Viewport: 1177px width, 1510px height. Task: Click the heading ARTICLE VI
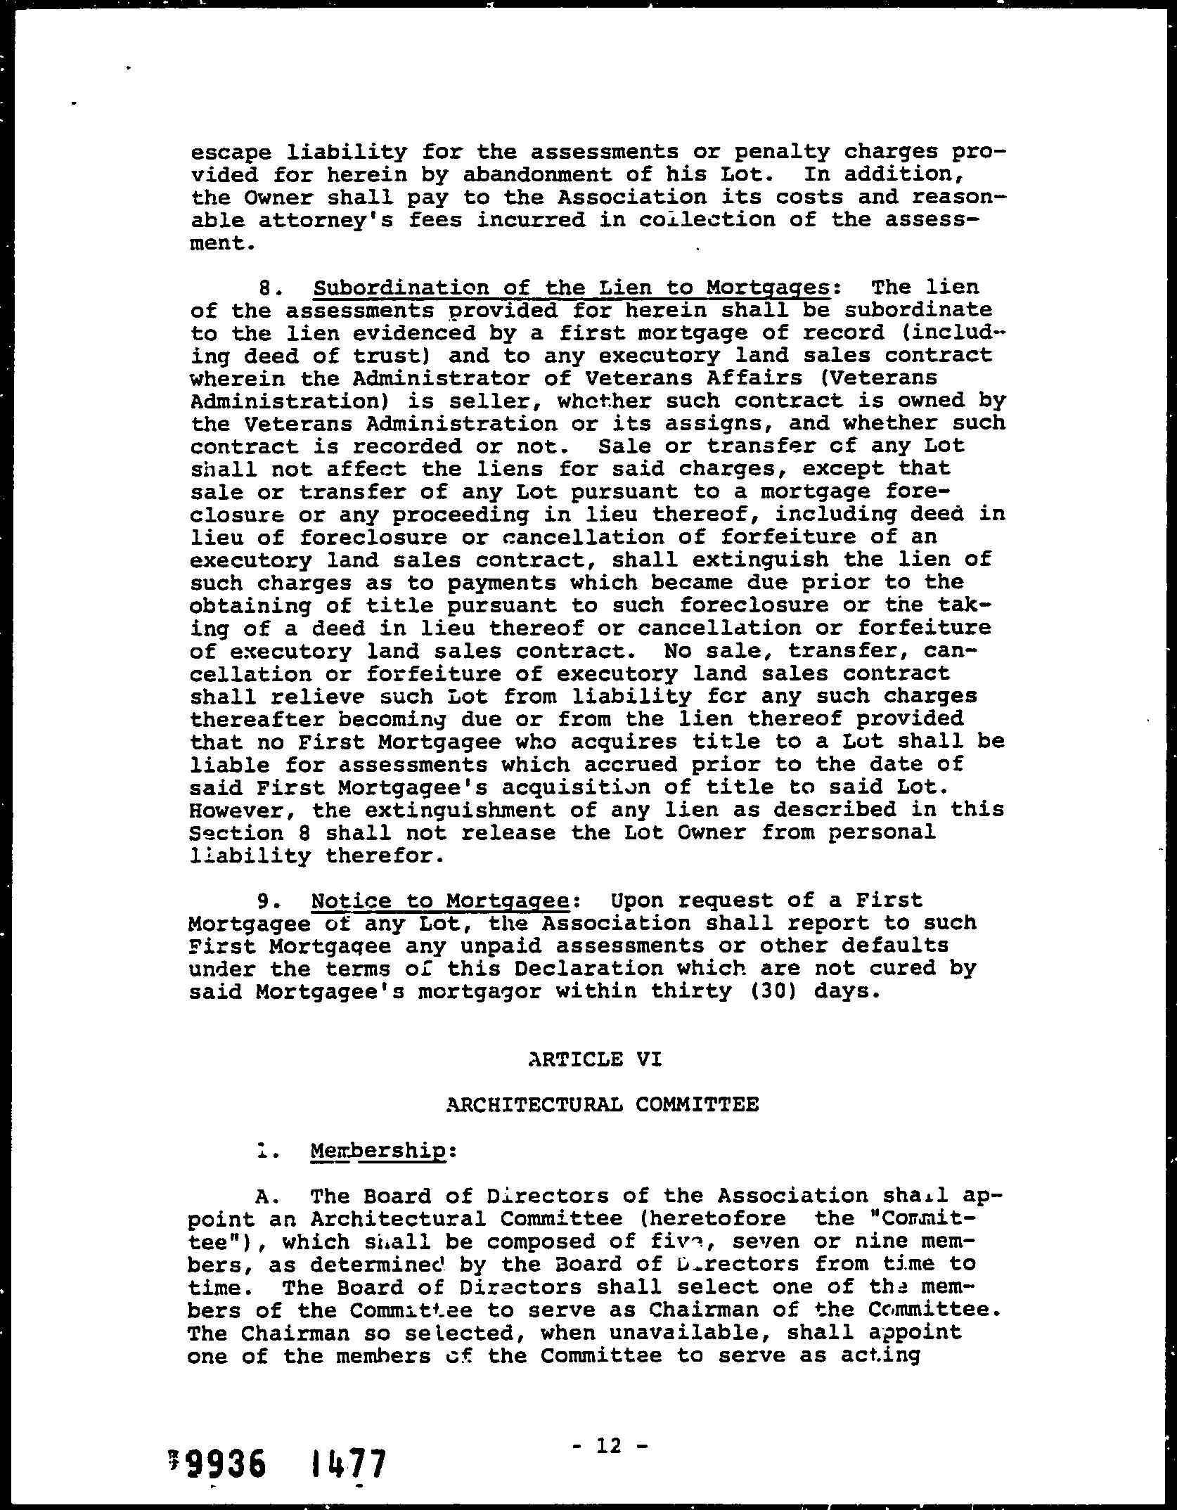(x=595, y=1059)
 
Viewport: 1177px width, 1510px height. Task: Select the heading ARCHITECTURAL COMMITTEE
(x=603, y=1104)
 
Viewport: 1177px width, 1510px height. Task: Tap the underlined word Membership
(x=378, y=1151)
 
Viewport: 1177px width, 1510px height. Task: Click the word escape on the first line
(x=230, y=153)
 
